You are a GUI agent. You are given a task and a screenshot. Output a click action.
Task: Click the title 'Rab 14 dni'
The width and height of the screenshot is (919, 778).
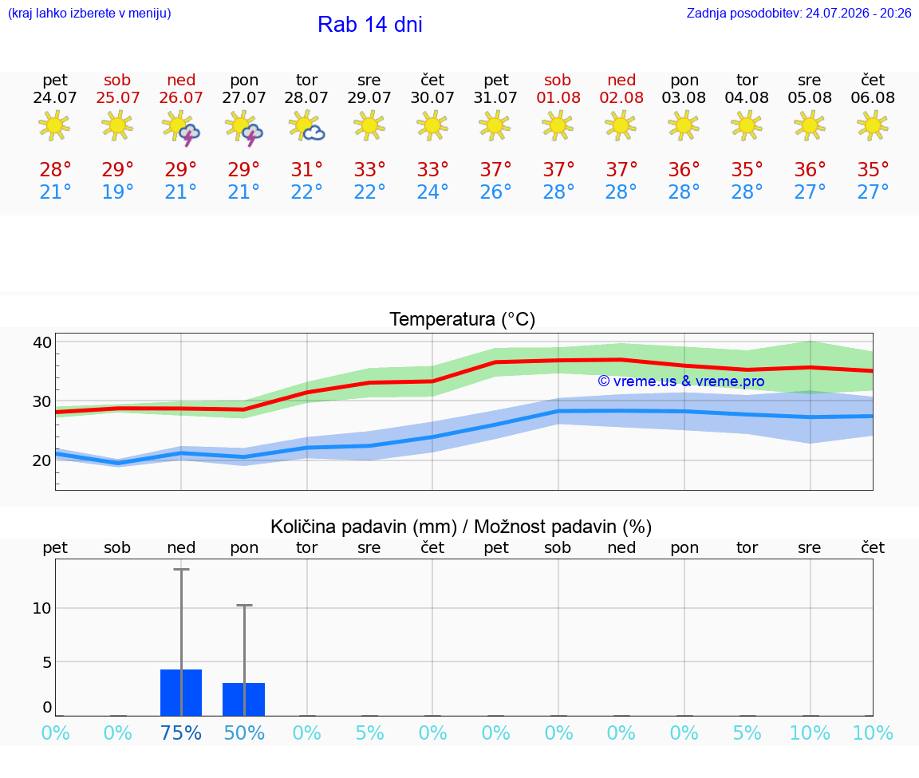[370, 25]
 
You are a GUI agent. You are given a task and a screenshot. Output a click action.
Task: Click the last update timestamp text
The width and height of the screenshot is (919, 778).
[799, 14]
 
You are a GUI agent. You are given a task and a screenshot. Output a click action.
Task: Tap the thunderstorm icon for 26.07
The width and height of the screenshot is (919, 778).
[181, 128]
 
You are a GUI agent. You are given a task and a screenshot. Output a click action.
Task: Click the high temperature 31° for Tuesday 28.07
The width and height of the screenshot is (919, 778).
[306, 169]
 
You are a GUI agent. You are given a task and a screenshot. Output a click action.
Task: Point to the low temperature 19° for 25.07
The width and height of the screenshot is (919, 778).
[118, 192]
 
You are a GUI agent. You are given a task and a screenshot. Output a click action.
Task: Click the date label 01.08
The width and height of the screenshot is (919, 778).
[558, 97]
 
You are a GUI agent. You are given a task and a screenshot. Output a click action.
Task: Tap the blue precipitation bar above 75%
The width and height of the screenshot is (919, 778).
[181, 693]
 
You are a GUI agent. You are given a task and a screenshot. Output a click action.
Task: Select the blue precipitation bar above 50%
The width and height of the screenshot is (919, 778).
[244, 700]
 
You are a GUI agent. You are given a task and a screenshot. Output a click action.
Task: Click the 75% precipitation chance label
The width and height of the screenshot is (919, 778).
[181, 733]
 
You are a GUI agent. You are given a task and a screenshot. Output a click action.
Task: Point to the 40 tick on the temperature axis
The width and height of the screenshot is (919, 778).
[42, 342]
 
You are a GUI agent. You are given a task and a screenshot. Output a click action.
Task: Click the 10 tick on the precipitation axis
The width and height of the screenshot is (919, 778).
[41, 608]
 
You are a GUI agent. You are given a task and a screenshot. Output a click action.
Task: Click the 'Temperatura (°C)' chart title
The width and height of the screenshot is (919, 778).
[463, 319]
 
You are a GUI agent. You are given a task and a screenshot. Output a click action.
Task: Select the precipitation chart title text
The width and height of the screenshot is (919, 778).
[460, 527]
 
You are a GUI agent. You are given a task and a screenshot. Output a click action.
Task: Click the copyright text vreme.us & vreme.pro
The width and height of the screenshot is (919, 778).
[681, 381]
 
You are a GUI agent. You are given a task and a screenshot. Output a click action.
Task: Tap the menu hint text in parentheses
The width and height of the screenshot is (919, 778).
[89, 14]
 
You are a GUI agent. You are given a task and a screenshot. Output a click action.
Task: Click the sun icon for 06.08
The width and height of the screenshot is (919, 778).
[873, 127]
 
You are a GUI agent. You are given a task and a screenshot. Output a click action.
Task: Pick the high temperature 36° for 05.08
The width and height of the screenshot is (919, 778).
[810, 169]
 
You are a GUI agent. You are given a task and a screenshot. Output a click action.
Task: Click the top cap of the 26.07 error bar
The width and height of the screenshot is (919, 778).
[181, 569]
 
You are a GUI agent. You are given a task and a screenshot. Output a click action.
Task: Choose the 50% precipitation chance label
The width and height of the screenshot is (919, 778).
[244, 733]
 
